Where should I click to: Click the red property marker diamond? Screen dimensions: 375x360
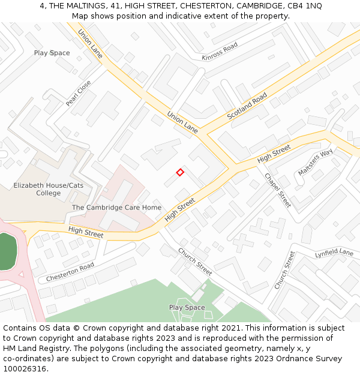pos(180,172)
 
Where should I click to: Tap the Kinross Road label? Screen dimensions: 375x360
pos(220,52)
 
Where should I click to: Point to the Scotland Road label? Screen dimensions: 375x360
pos(247,106)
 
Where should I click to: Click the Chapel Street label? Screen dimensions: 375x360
pos(278,190)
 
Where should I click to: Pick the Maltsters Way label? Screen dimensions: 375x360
pos(315,162)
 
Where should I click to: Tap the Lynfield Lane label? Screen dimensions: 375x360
pos(334,253)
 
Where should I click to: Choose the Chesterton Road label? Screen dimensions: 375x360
pos(70,272)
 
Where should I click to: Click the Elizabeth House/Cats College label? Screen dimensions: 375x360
pos(49,189)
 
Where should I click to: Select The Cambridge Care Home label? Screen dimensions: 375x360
pos(116,208)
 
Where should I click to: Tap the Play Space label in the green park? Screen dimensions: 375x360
pos(187,307)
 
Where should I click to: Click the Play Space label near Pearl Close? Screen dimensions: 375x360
pos(52,53)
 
